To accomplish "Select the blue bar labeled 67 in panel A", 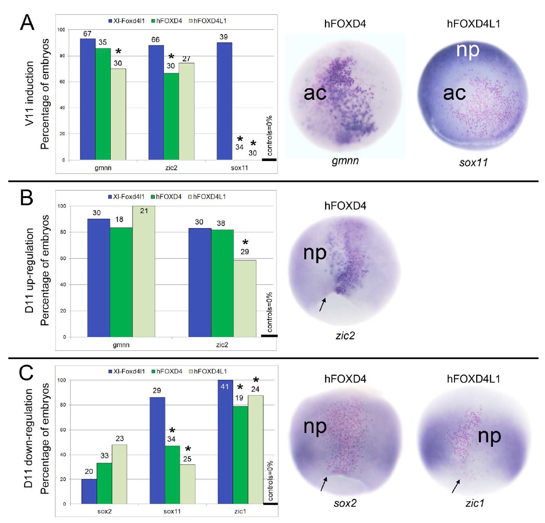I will pyautogui.click(x=88, y=99).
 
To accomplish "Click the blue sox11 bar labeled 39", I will pyautogui.click(x=224, y=101).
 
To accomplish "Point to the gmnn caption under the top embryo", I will pyautogui.click(x=345, y=161).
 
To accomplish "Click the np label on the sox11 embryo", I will pyautogui.click(x=468, y=50).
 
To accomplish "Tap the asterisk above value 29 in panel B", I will pyautogui.click(x=245, y=243).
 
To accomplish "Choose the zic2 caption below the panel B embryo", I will pyautogui.click(x=345, y=336).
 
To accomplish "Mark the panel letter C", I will pyautogui.click(x=27, y=372).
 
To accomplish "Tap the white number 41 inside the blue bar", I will pyautogui.click(x=225, y=386).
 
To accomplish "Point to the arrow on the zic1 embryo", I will pyautogui.click(x=456, y=486).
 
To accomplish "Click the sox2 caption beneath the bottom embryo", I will pyautogui.click(x=345, y=503).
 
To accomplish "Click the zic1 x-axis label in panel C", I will pyautogui.click(x=240, y=511).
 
